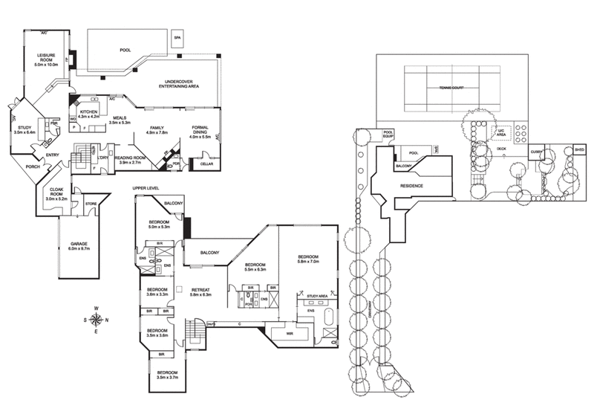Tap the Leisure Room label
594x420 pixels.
pos(51,59)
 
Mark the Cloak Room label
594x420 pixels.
pos(56,196)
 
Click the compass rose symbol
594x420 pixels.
pos(96,320)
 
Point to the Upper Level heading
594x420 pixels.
pos(146,189)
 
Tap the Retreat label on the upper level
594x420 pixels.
pos(201,291)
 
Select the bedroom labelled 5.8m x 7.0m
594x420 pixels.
pos(307,258)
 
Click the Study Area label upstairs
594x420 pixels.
pos(318,297)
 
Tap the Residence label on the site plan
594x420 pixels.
pos(411,185)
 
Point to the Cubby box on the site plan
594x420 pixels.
pos(538,152)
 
